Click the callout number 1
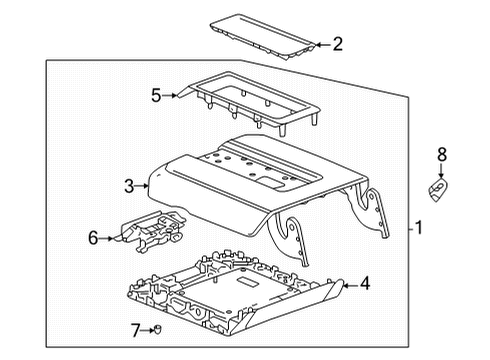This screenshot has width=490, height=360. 419,228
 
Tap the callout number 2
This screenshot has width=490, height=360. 338,44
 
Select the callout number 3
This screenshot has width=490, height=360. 129,186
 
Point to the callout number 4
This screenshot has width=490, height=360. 365,283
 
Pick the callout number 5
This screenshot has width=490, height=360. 156,95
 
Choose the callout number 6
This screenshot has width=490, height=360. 93,238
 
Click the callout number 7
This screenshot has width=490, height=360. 135,330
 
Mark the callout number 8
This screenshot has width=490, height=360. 442,155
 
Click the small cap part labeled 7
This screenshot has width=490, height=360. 157,329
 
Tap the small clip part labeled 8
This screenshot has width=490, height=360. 438,190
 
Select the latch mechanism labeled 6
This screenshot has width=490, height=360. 152,231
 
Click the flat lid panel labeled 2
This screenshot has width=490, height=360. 262,37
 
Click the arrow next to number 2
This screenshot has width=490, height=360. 323,44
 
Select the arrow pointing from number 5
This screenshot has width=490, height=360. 170,96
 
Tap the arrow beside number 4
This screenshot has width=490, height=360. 350,285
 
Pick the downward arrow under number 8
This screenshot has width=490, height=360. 441,171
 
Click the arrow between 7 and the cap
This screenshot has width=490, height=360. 147,330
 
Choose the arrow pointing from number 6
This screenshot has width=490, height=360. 107,238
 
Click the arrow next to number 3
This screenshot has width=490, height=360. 142,186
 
